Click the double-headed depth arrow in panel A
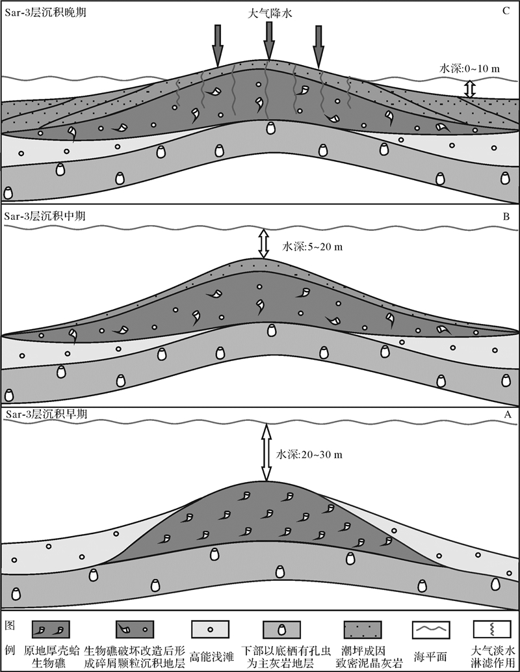[x=265, y=452]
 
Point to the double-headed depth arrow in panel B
[x=263, y=243]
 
